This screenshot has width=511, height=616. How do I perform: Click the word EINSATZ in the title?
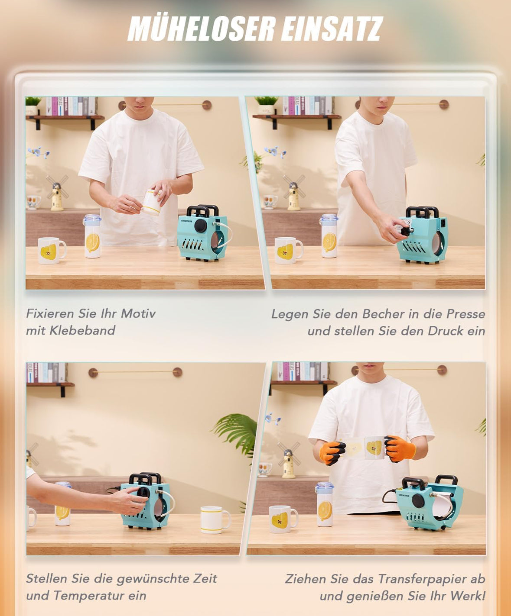pos(332,29)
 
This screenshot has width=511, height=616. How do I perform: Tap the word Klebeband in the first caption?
pos(82,330)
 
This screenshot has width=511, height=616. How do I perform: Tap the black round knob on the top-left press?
pos(201,226)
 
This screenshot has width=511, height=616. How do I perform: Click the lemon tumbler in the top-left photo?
pos(92,236)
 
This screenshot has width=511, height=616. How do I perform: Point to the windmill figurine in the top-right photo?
pos(294,192)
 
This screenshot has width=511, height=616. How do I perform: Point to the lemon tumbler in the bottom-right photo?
pos(325,504)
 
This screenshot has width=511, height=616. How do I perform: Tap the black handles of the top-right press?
pos(422,212)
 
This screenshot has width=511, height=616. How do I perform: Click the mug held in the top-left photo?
pos(153,202)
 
